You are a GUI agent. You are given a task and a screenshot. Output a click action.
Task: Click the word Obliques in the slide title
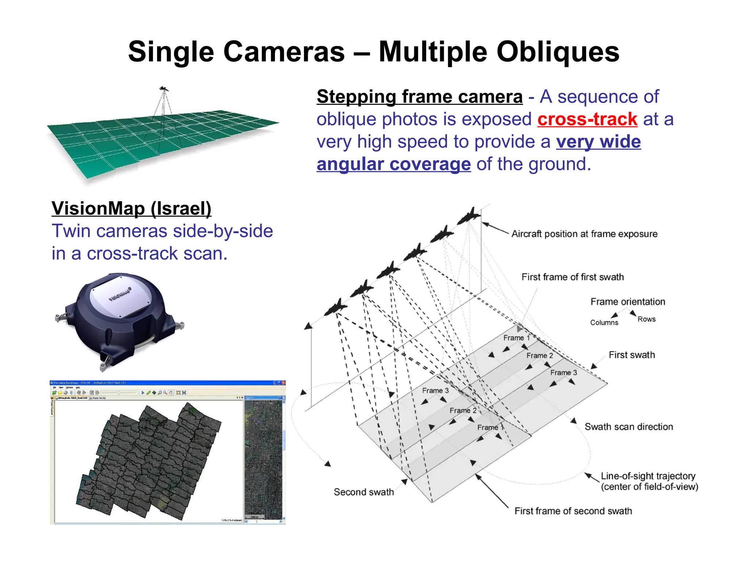pos(558,52)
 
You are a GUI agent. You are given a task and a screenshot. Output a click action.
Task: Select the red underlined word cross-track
pos(587,119)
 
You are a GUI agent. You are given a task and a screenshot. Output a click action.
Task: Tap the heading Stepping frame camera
pos(420,97)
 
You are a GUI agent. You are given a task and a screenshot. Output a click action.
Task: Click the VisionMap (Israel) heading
pos(131,209)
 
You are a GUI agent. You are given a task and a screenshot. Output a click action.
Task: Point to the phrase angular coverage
pos(394,164)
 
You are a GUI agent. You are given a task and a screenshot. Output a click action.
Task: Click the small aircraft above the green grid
pos(164,89)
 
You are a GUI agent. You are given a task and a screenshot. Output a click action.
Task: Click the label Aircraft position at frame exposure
pos(584,234)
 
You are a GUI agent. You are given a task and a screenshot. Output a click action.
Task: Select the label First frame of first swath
pos(572,277)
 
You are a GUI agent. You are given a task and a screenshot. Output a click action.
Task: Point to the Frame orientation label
pos(628,302)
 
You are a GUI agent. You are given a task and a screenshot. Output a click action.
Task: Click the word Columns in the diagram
pos(604,323)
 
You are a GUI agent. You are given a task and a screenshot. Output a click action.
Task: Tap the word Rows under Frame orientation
pos(646,319)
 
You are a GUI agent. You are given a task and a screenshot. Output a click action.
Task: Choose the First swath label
pos(632,355)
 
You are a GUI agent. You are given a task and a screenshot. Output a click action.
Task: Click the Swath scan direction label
pos(629,427)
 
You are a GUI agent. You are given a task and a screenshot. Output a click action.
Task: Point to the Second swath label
pos(364,492)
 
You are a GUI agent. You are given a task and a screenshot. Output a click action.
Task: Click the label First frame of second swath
pos(573,511)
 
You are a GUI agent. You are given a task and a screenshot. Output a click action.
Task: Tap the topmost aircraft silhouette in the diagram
pos(469,216)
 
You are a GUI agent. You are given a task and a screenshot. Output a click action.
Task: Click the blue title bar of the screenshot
pos(167,383)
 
